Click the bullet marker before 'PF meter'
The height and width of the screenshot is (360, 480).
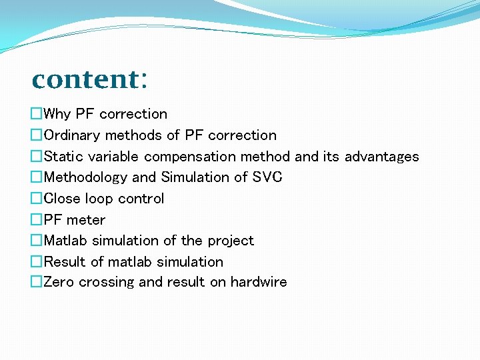pos(37,220)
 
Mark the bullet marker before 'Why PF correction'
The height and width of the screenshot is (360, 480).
pos(37,114)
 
